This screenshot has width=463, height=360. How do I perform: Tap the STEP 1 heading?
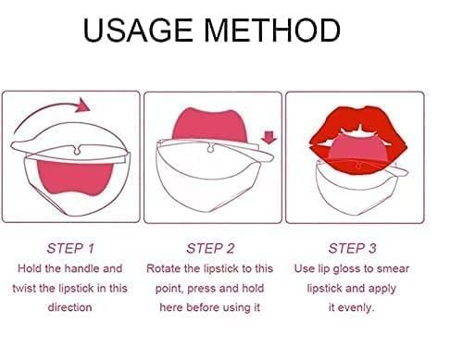(x=70, y=248)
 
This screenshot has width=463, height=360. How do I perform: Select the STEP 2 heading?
(x=210, y=248)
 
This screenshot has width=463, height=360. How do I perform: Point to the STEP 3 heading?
(x=352, y=248)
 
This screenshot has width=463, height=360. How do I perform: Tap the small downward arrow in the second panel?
(x=269, y=139)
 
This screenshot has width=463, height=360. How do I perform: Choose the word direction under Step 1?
(x=69, y=307)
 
